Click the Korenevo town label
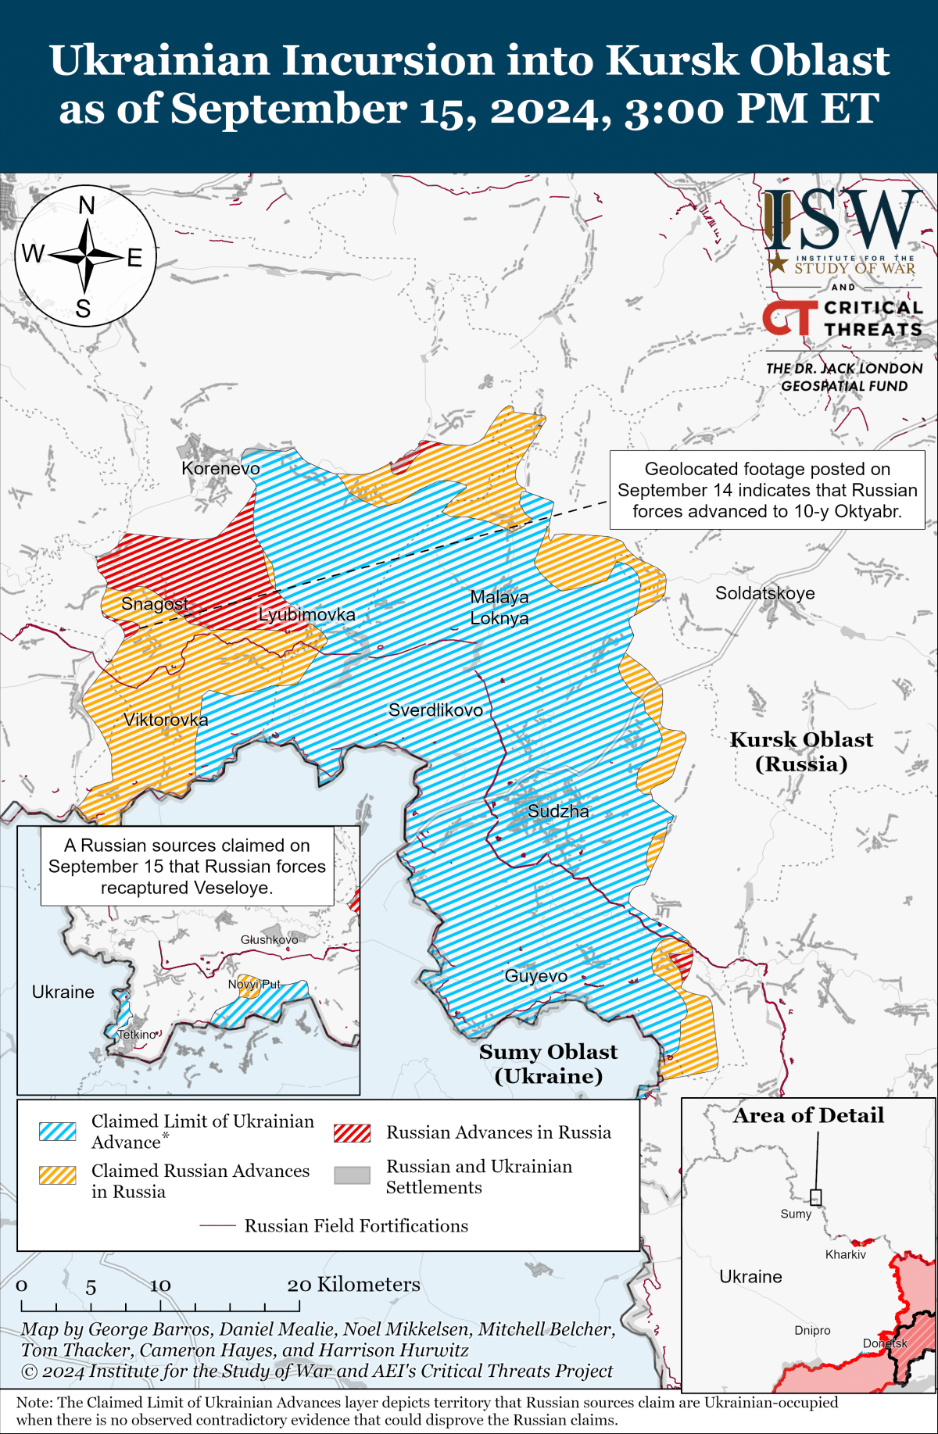tap(220, 468)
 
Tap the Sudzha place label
tap(558, 811)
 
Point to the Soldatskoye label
tap(764, 593)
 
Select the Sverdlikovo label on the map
tap(435, 710)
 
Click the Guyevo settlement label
tap(535, 976)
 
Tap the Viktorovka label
tap(166, 720)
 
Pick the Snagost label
tap(155, 604)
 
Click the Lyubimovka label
tap(306, 615)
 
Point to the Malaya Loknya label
tap(499, 607)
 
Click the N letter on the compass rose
tap(87, 206)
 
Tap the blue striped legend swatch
tap(58, 1132)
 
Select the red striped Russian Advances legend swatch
tap(352, 1132)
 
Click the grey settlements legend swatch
tap(352, 1175)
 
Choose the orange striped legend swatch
tap(58, 1175)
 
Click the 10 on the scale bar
tap(160, 1286)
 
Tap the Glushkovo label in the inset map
tap(269, 939)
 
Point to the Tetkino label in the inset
tap(137, 1035)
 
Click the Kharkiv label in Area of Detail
tap(846, 1254)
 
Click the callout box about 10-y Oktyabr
tap(767, 490)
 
